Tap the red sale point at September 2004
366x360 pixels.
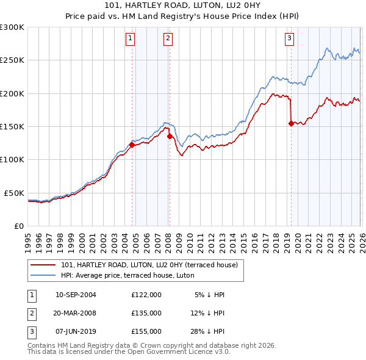click(132, 145)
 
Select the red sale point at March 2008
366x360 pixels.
click(170, 137)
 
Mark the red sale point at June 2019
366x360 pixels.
click(290, 123)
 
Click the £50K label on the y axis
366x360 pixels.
click(14, 193)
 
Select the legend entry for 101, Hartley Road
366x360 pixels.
click(152, 265)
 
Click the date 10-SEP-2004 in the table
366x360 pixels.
click(76, 295)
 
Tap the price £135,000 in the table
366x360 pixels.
click(146, 313)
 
